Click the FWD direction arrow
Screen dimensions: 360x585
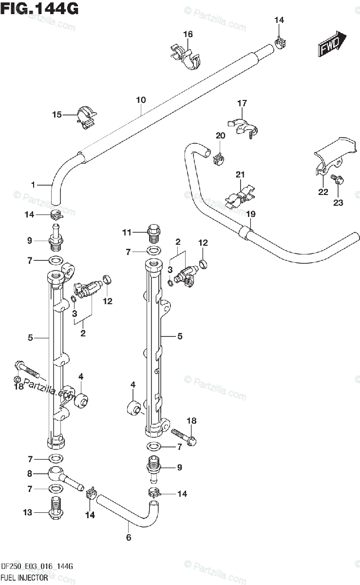click(332, 44)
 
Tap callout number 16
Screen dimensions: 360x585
click(188, 34)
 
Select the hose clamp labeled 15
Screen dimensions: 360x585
click(86, 118)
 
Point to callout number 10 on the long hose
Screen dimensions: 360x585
click(141, 100)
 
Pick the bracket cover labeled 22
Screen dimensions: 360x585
click(334, 156)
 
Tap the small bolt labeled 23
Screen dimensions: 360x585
click(337, 179)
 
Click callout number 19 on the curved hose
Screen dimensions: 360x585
click(250, 214)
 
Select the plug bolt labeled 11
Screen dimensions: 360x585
click(154, 233)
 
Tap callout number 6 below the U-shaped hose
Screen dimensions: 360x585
click(129, 537)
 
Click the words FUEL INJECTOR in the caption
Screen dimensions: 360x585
click(24, 578)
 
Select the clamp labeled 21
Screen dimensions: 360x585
click(240, 197)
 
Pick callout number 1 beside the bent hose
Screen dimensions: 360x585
click(33, 185)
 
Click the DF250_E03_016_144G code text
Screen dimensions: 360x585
click(37, 566)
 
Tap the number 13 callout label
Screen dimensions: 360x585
click(27, 512)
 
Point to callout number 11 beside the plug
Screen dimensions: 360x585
click(127, 232)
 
